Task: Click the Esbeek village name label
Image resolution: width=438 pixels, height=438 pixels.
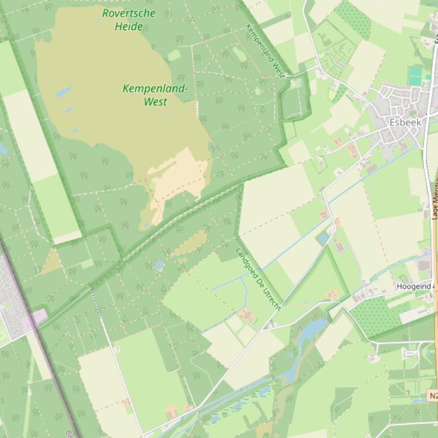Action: click(x=405, y=122)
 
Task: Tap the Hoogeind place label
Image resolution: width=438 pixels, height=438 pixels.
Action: click(x=414, y=286)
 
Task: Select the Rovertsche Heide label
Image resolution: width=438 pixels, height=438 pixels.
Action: click(x=129, y=19)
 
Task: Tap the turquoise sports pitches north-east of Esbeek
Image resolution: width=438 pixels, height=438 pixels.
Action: click(x=415, y=76)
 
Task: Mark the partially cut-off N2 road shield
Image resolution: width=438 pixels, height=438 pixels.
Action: click(x=432, y=395)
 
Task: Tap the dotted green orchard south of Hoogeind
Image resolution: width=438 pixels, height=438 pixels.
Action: click(x=370, y=316)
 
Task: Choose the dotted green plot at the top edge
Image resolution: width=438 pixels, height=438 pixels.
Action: click(x=353, y=17)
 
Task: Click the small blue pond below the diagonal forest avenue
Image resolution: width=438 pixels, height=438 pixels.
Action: click(x=159, y=265)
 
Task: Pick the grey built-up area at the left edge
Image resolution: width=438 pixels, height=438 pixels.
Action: click(x=11, y=301)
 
